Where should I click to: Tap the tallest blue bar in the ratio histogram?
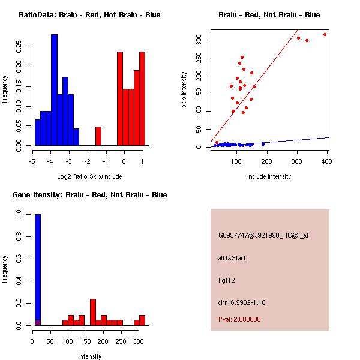pyautogui.click(x=54, y=90)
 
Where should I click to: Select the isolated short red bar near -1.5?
pyautogui.click(x=98, y=136)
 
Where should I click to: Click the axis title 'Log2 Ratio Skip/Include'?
pyautogui.click(x=89, y=176)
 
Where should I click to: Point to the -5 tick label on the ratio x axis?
pyautogui.click(x=32, y=161)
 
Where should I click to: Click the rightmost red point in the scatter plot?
pyautogui.click(x=325, y=34)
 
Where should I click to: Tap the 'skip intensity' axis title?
pyautogui.click(x=184, y=90)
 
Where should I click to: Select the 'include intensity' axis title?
pyautogui.click(x=269, y=176)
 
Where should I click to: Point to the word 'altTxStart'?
pyautogui.click(x=232, y=258)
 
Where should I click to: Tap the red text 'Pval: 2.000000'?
pyautogui.click(x=239, y=319)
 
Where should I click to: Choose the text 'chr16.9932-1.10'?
pyautogui.click(x=241, y=302)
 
